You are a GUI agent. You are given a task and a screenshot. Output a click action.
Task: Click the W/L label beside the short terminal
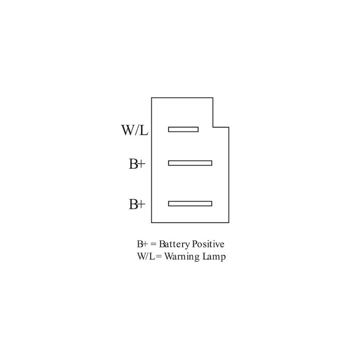tap(135, 130)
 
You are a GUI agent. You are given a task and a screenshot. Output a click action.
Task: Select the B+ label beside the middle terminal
tap(137, 164)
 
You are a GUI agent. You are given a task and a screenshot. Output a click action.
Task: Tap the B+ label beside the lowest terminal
tap(137, 204)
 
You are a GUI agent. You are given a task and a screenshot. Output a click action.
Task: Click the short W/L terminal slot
tap(183, 130)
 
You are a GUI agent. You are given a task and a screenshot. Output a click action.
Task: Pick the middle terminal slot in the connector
tap(190, 163)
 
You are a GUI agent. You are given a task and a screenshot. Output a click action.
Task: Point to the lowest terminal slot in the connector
tap(190, 204)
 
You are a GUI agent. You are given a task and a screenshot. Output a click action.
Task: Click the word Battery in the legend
tap(174, 244)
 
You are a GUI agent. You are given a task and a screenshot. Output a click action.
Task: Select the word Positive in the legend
tap(208, 244)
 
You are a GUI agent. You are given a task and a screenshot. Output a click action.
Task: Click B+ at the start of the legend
tap(142, 244)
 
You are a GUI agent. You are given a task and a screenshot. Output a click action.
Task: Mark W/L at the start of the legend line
tap(147, 256)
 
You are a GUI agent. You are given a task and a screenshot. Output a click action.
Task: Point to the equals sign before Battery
tap(153, 244)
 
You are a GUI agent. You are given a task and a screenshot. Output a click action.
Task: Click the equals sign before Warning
tap(159, 256)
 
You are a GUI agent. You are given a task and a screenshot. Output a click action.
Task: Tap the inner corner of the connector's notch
tap(213, 127)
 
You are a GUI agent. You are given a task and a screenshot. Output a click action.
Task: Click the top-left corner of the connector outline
tap(152, 98)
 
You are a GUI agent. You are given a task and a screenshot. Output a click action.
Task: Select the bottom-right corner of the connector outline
tap(229, 222)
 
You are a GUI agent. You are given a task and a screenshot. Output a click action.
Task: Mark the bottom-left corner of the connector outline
tap(152, 222)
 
